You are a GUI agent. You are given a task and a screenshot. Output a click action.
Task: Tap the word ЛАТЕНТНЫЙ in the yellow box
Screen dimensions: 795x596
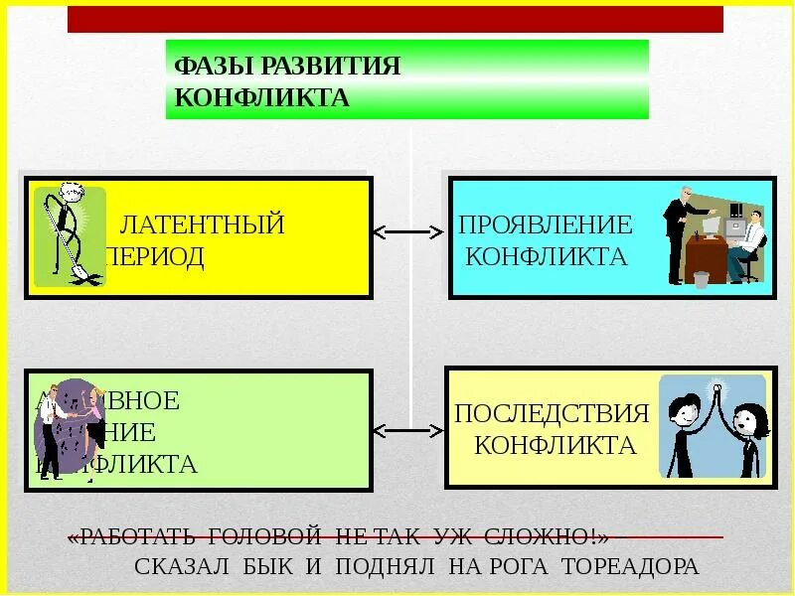click(202, 225)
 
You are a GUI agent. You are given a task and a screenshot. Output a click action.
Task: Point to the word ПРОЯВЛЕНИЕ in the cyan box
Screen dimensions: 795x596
click(546, 225)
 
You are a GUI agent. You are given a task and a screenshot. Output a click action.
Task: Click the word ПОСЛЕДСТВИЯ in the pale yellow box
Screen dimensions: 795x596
click(552, 413)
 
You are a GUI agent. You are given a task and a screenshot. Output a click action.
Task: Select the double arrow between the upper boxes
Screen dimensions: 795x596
click(407, 232)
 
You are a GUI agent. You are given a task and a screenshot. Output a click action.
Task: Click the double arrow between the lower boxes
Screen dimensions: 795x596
click(407, 431)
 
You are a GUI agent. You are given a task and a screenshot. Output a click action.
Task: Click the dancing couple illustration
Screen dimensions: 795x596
click(68, 429)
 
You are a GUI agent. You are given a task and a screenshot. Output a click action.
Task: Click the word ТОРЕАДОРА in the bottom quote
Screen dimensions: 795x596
click(631, 567)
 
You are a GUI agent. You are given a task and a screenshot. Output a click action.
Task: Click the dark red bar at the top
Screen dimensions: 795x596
click(396, 19)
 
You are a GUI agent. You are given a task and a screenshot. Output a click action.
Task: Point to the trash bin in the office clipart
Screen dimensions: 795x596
click(702, 279)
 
